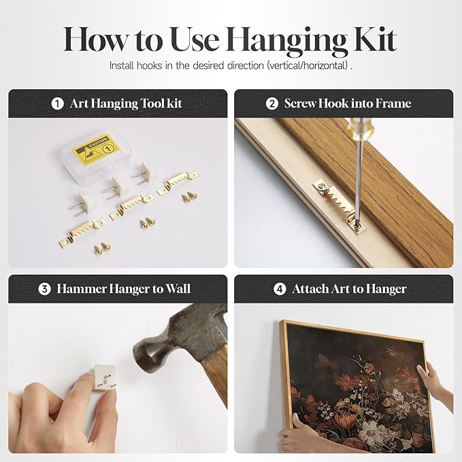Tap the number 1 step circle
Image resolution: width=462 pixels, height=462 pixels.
point(57,103)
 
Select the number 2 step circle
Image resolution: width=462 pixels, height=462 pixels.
point(271,103)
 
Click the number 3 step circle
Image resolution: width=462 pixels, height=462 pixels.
point(44,289)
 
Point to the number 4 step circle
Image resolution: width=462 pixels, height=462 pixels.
point(280,289)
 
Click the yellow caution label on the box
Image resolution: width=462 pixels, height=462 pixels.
point(96,149)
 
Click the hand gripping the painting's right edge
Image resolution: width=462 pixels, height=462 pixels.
point(435,383)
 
